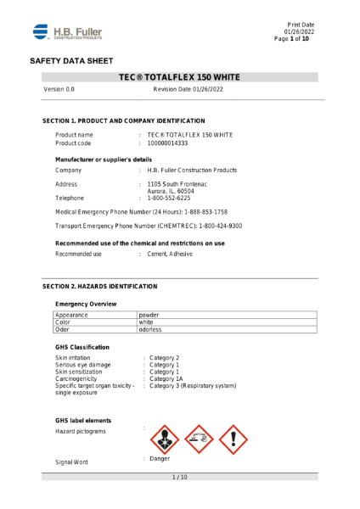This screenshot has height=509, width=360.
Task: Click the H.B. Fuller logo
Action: click(x=68, y=32)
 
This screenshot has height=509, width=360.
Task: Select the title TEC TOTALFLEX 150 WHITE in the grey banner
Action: click(x=180, y=77)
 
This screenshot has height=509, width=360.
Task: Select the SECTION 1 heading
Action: click(x=124, y=121)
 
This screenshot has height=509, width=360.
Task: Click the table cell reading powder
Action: click(x=149, y=315)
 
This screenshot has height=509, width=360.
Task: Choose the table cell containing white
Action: click(x=146, y=322)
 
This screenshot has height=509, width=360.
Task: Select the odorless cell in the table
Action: click(x=150, y=330)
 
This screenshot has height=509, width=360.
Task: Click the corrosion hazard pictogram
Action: click(x=200, y=439)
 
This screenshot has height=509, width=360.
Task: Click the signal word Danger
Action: click(x=160, y=459)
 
